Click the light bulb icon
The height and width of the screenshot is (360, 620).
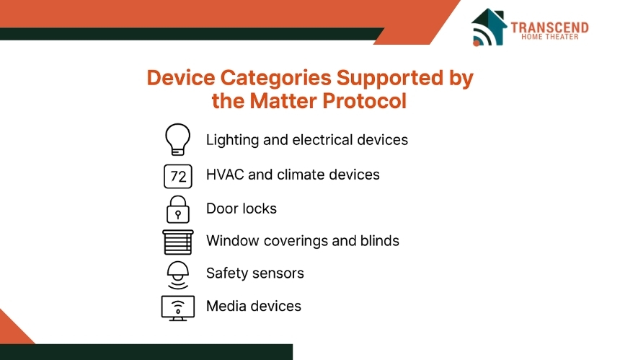pyautogui.click(x=177, y=139)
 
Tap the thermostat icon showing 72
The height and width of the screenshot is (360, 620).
pyautogui.click(x=178, y=176)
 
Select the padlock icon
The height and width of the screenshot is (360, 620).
pyautogui.click(x=178, y=210)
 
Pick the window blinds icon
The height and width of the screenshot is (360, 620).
pyautogui.click(x=178, y=242)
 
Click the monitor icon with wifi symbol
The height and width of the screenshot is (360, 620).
pyautogui.click(x=178, y=308)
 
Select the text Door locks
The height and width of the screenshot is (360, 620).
pyautogui.click(x=242, y=208)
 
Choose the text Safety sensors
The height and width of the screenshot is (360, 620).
pyautogui.click(x=255, y=273)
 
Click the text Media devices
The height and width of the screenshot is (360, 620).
pyautogui.click(x=254, y=306)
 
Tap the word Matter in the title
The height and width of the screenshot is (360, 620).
pyautogui.click(x=283, y=101)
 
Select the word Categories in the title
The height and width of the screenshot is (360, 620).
pyautogui.click(x=275, y=78)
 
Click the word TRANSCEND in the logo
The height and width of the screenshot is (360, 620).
pyautogui.click(x=549, y=27)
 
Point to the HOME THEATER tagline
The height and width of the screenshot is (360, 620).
pyautogui.click(x=549, y=37)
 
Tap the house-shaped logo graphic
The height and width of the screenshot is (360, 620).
pyautogui.click(x=489, y=27)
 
